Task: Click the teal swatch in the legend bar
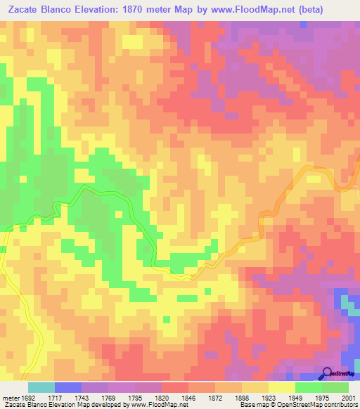coord(41,387)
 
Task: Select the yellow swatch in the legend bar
coord(282,387)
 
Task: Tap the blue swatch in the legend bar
coord(68,387)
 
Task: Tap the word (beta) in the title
coord(333,11)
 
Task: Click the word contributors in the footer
coord(341,405)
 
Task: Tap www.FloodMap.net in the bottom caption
coord(150,405)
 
